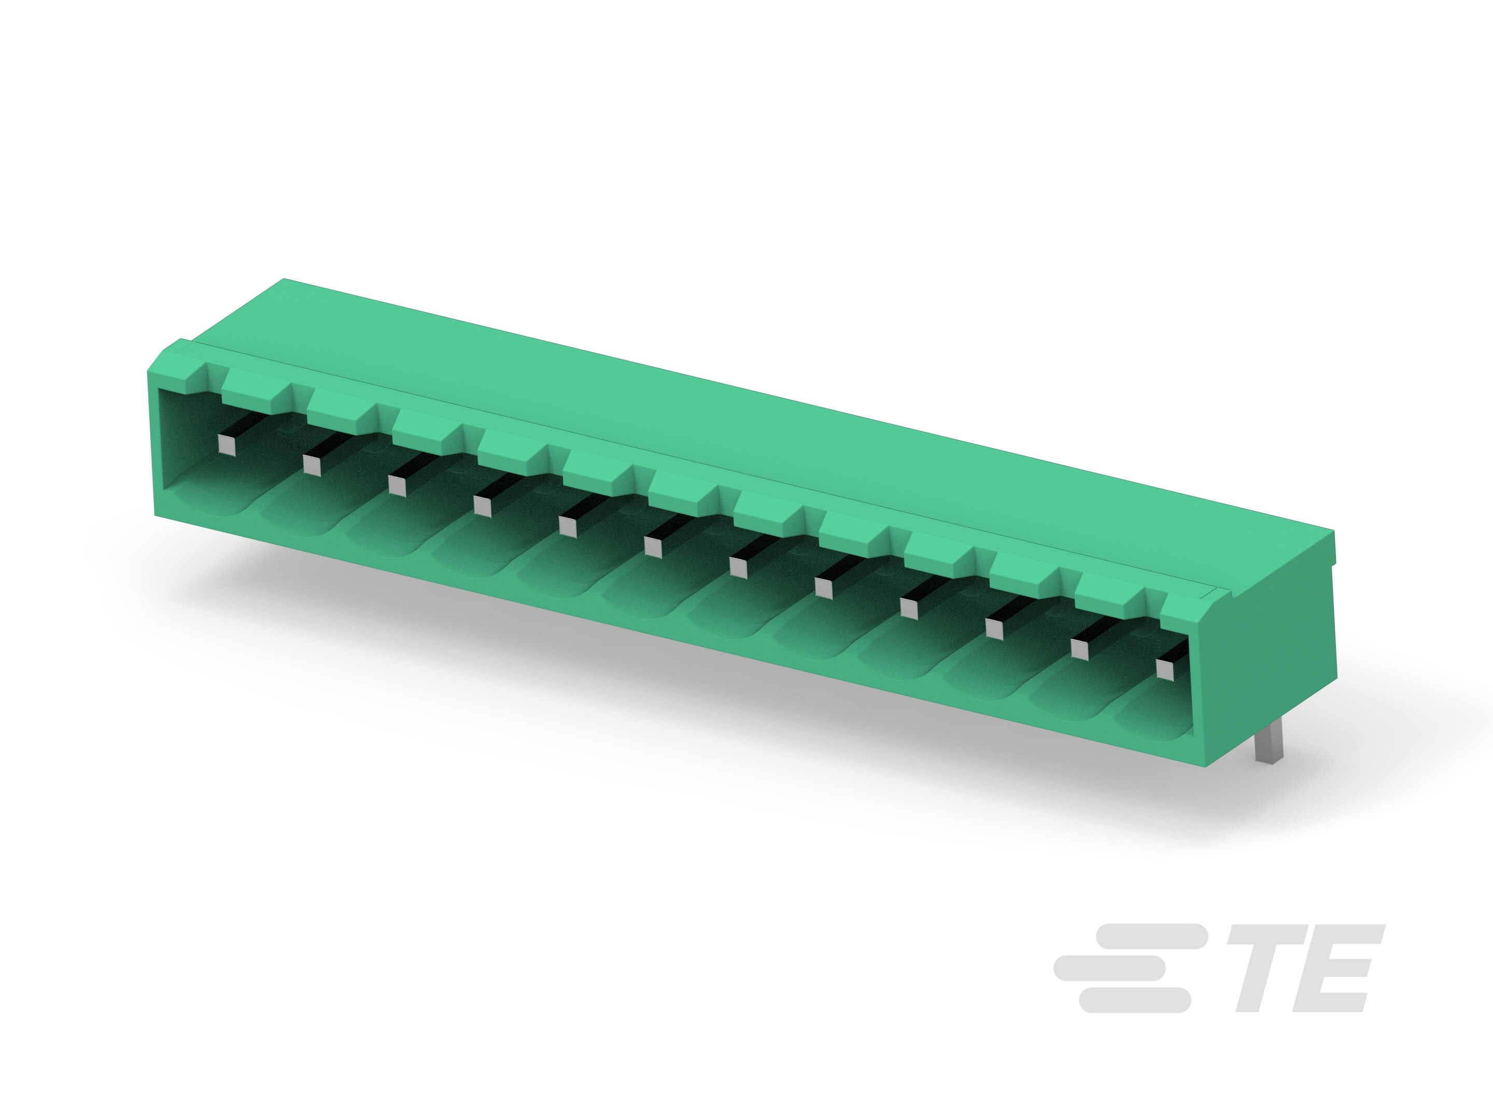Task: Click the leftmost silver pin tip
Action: coord(227,445)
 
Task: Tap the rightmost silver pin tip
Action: coord(1165,669)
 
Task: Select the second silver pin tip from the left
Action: coord(312,465)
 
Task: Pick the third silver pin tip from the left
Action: coord(397,485)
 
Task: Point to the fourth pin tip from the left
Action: coord(483,506)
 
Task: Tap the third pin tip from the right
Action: coord(995,628)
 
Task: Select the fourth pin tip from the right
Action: coord(909,608)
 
